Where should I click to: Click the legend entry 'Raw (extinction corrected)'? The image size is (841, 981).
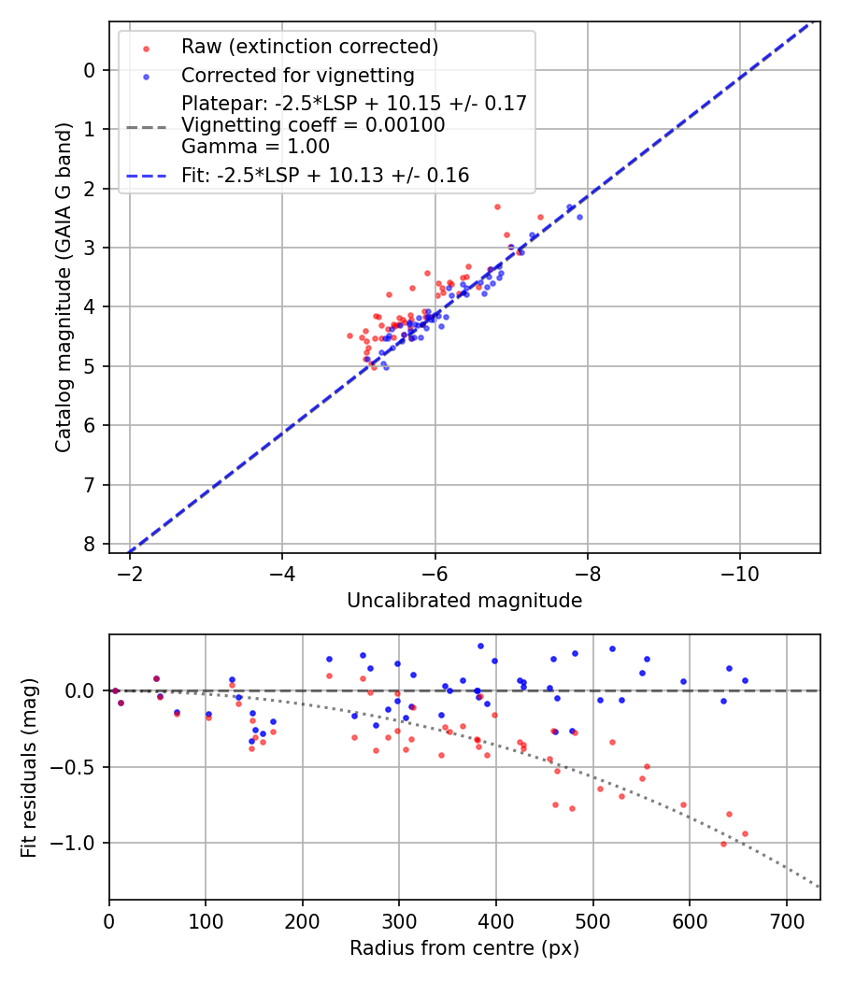tap(309, 47)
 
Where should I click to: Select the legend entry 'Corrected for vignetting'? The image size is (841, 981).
tap(297, 76)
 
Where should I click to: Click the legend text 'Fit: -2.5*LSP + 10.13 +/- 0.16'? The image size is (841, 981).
tap(325, 176)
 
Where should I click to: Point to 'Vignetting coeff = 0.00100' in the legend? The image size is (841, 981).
tap(313, 125)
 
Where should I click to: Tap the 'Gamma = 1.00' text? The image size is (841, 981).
tap(255, 147)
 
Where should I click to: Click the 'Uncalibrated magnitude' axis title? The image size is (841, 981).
tap(464, 601)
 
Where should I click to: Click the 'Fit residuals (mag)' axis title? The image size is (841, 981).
tap(29, 767)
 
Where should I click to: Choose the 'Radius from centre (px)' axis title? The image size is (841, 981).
tap(464, 948)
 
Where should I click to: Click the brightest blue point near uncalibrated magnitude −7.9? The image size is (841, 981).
tap(579, 217)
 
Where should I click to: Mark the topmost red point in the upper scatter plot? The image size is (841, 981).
tap(497, 206)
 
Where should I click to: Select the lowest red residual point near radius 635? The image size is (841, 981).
tap(723, 844)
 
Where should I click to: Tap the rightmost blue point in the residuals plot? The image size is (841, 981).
tap(745, 680)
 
